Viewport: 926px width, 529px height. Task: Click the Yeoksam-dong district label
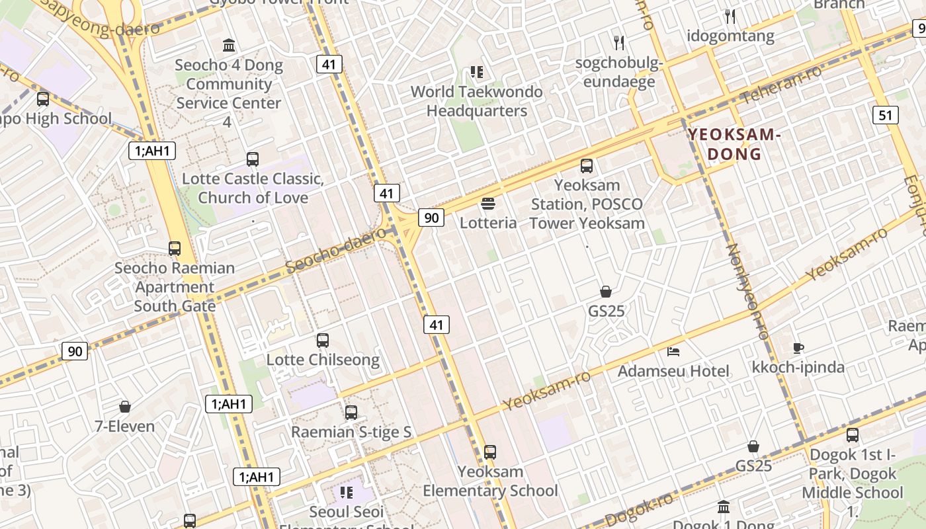(x=735, y=144)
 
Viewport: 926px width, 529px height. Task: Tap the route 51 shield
(x=885, y=115)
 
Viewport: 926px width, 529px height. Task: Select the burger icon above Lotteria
(x=488, y=203)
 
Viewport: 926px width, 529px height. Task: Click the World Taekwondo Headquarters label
(x=476, y=101)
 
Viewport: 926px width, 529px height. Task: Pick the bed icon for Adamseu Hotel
(x=673, y=351)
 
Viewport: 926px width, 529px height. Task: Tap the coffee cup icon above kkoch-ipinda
(x=798, y=348)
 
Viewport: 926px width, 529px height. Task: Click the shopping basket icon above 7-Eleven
(x=124, y=407)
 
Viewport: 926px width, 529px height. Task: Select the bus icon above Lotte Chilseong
(x=323, y=341)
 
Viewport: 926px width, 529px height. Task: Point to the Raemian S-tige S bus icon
(x=351, y=413)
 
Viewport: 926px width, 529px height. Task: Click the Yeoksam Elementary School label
(x=490, y=481)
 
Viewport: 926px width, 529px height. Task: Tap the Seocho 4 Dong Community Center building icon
(x=229, y=46)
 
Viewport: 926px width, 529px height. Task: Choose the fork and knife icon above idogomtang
(x=730, y=16)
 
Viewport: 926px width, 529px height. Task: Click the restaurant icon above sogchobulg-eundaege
(x=619, y=43)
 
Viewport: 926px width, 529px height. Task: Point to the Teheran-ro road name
(x=780, y=85)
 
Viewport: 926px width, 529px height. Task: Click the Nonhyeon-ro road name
(x=747, y=291)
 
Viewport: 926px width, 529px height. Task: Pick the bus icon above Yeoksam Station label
(x=587, y=166)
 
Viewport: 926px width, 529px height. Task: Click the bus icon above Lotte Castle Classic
(x=253, y=159)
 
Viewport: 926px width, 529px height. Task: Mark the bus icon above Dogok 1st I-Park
(x=853, y=435)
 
